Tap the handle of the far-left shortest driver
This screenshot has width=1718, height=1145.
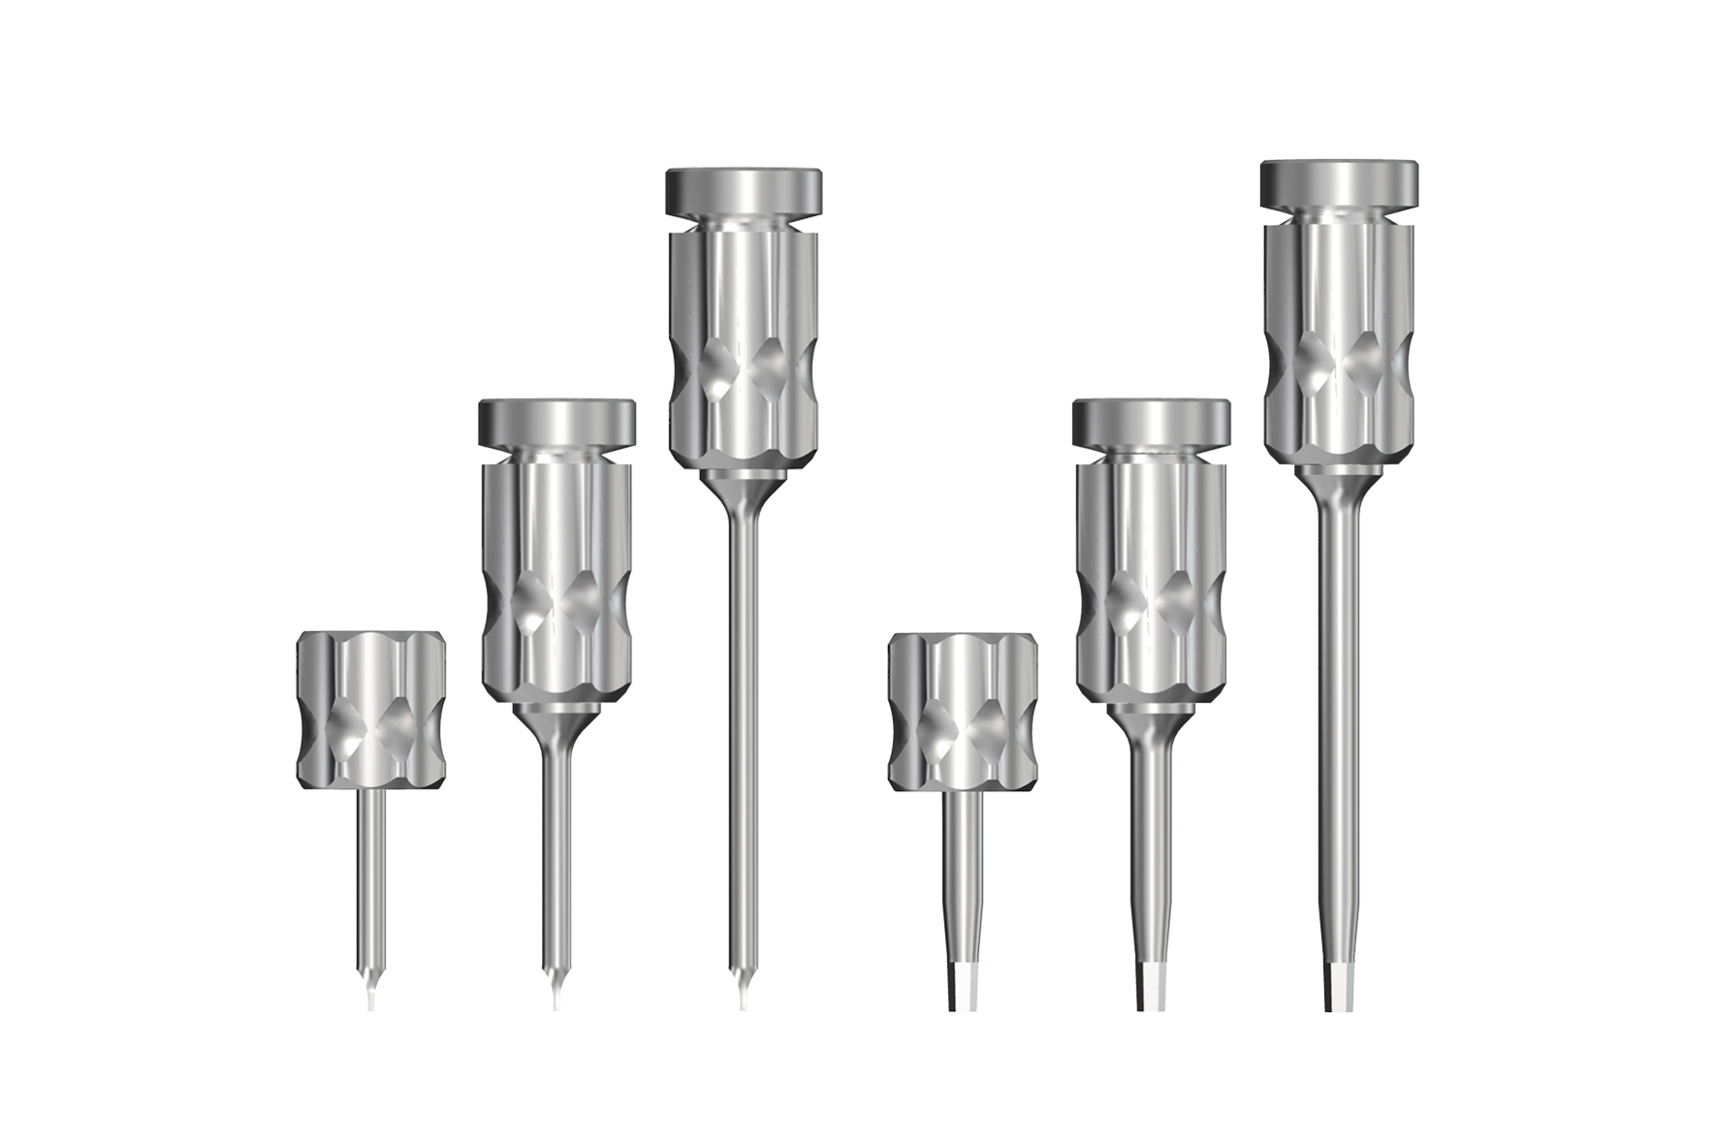click(371, 709)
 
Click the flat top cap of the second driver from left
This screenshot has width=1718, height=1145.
click(557, 421)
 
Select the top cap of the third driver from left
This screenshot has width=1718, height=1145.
click(744, 191)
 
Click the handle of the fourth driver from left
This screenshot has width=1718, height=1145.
click(964, 709)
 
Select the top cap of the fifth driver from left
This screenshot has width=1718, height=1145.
click(1151, 421)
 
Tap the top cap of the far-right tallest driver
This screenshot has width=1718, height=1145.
click(1338, 184)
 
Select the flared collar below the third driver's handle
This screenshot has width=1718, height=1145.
click(743, 488)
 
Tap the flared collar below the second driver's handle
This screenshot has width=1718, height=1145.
click(557, 720)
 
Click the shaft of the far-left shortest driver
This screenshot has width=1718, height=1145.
click(371, 873)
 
